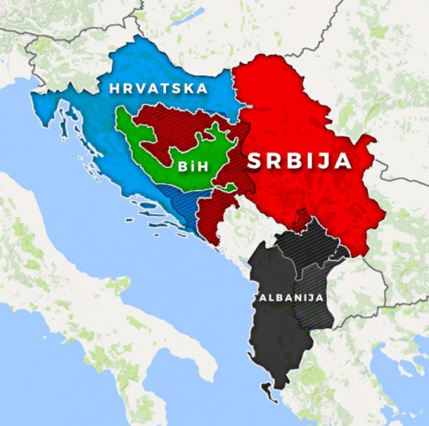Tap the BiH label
(x=188, y=166)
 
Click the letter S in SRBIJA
(x=255, y=161)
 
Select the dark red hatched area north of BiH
(x=170, y=119)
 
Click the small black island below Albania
(x=271, y=393)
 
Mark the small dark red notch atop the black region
(x=300, y=223)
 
